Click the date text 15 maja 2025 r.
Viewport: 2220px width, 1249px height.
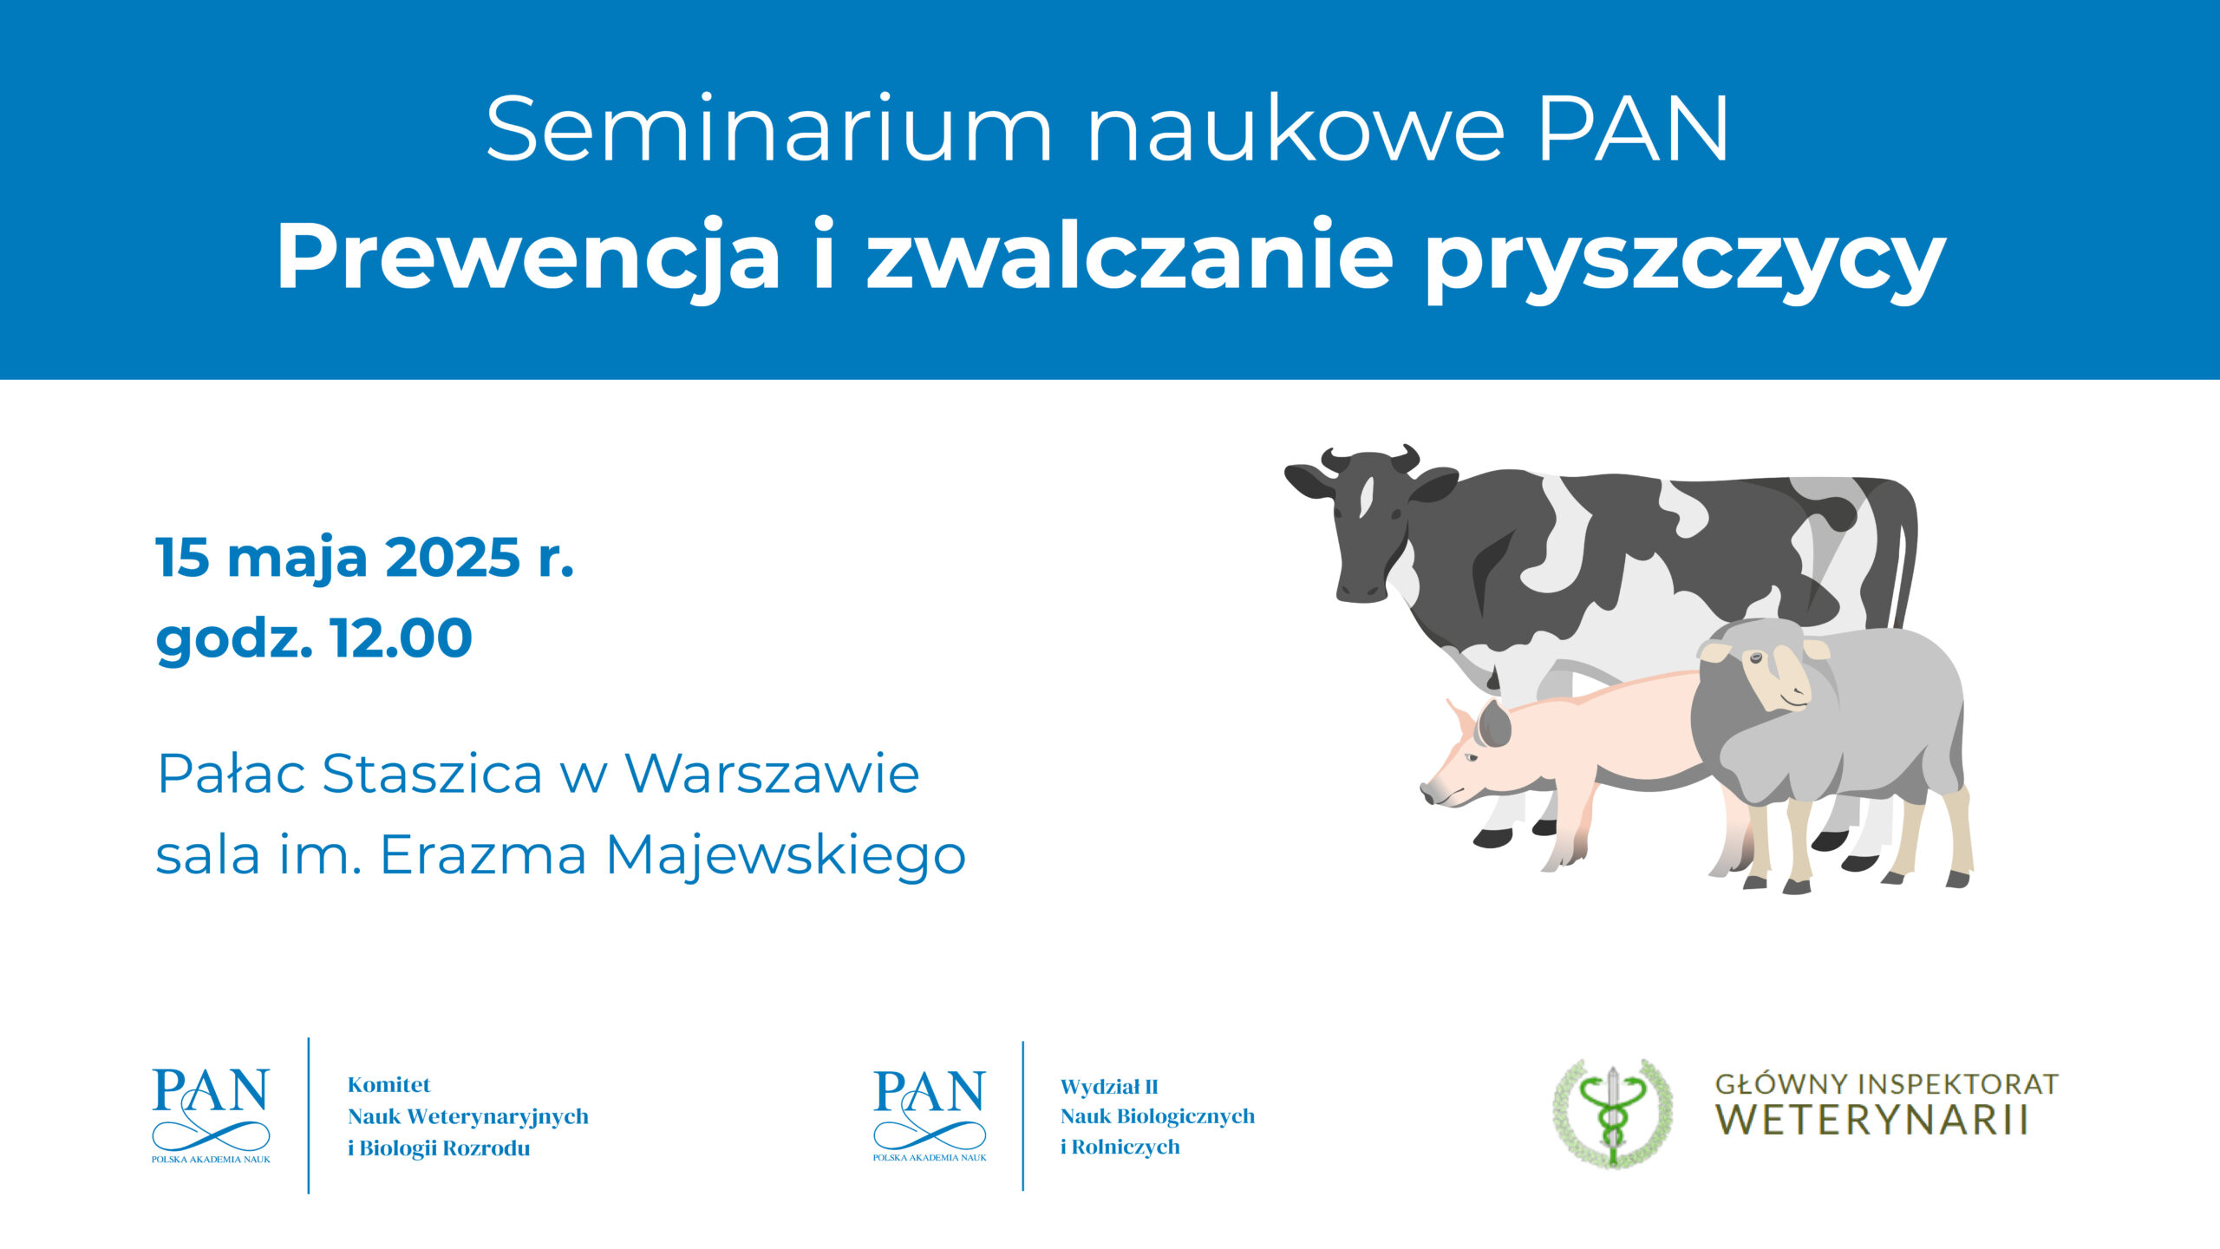coord(365,557)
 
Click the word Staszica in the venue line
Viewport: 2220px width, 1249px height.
coord(432,773)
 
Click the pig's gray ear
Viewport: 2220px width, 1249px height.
coord(1494,723)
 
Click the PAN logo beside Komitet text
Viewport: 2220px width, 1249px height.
coord(211,1115)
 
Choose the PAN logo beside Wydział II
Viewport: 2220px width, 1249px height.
coord(930,1115)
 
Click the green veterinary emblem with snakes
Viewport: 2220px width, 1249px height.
coord(1612,1114)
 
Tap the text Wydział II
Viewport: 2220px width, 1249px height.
coord(1109,1087)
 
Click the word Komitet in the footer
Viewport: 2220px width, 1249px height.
coord(389,1085)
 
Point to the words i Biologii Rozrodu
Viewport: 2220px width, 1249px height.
coord(439,1149)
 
